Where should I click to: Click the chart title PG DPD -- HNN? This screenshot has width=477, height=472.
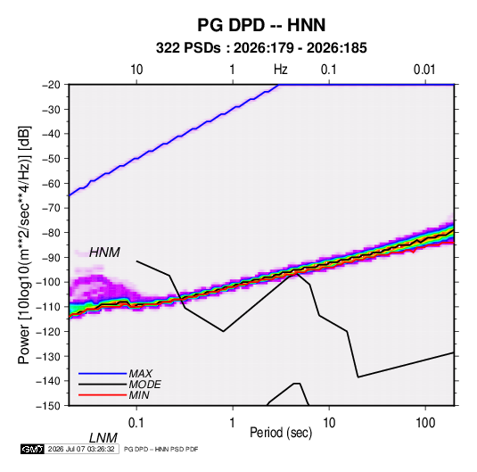(x=261, y=25)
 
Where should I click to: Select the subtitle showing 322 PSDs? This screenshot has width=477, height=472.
(x=261, y=48)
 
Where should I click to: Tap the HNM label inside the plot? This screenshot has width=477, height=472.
(x=104, y=253)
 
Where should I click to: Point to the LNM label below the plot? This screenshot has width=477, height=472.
(x=103, y=438)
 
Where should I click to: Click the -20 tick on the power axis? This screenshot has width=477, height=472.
(x=51, y=85)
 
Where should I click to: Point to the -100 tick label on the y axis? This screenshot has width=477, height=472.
(x=48, y=282)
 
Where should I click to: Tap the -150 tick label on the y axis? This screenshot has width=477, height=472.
(x=48, y=406)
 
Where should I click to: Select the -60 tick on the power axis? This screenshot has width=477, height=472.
(x=51, y=183)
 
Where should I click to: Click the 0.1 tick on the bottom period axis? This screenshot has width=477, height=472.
(x=136, y=423)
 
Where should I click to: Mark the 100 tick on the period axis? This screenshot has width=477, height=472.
(x=425, y=423)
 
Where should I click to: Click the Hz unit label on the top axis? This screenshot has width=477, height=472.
(x=281, y=70)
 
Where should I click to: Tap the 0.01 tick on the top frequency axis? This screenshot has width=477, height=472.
(x=424, y=70)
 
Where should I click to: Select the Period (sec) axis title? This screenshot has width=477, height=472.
(x=281, y=433)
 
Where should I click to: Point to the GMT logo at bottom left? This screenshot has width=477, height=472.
(x=33, y=449)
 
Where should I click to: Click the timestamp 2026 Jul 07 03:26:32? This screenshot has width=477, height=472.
(x=81, y=449)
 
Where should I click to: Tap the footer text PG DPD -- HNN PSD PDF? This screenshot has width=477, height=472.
(x=160, y=449)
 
